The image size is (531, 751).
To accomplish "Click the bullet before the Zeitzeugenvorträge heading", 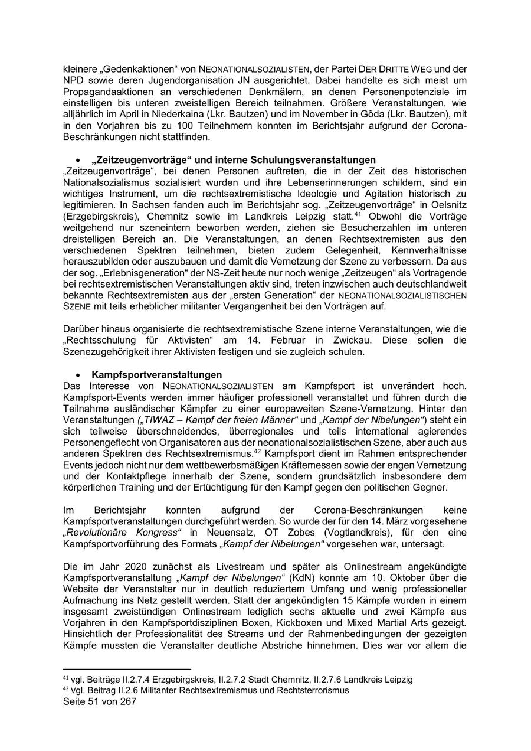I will click(x=78, y=161).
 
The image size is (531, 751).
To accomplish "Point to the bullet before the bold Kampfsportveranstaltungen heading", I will click(x=78, y=375).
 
